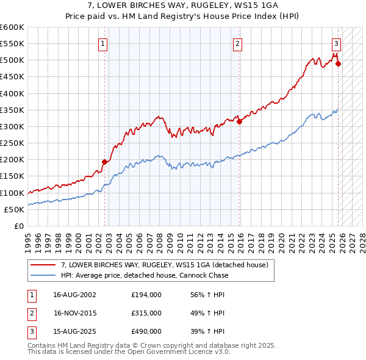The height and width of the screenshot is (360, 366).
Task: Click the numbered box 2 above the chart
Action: [237, 43]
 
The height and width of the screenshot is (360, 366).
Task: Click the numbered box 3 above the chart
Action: [336, 43]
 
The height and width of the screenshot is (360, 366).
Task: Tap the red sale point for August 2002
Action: [104, 162]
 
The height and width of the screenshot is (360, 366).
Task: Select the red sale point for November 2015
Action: [239, 121]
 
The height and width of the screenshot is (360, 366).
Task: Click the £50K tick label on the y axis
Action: [15, 209]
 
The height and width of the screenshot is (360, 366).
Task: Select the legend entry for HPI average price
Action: [144, 275]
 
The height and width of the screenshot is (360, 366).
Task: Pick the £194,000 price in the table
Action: [146, 294]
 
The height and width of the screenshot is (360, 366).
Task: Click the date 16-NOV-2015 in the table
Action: [75, 313]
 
